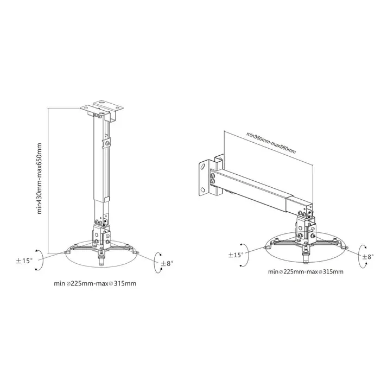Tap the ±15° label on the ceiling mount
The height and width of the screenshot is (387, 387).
coord(24,261)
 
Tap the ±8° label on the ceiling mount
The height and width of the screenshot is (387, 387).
coord(166,263)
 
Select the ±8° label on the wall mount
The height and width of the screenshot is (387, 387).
coord(367,257)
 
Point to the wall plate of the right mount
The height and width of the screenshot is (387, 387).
coord(207,176)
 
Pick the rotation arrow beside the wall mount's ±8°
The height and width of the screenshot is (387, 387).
coord(360,256)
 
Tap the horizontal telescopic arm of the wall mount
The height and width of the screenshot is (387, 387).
coord(255,187)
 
